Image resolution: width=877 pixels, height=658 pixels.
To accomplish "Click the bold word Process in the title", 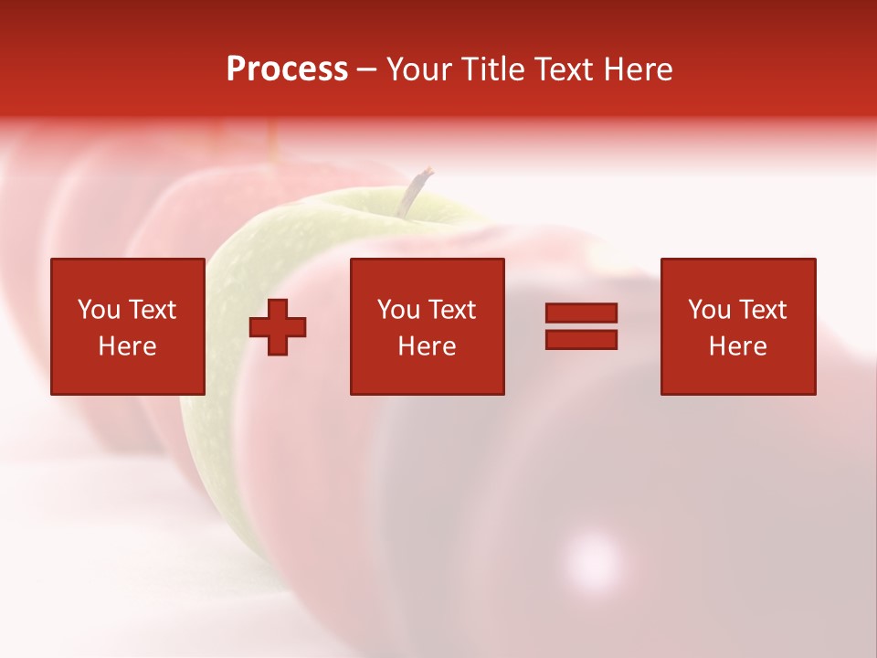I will [287, 69].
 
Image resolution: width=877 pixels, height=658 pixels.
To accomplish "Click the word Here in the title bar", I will [639, 69].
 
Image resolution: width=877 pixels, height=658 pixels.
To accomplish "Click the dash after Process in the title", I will [367, 70].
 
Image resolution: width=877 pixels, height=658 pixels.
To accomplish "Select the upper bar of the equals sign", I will [581, 313].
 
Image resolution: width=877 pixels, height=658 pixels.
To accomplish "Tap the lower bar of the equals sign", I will [581, 340].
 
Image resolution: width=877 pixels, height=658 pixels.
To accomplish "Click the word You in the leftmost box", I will [99, 310].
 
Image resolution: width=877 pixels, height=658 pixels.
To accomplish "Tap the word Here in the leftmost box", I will [127, 346].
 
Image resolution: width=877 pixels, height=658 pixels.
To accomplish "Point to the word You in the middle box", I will [398, 310].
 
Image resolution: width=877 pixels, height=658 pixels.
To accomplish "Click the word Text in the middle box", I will [451, 310].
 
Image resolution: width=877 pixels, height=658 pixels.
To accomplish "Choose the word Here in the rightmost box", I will [737, 346].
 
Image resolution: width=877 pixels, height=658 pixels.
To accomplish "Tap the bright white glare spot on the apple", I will [593, 557].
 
